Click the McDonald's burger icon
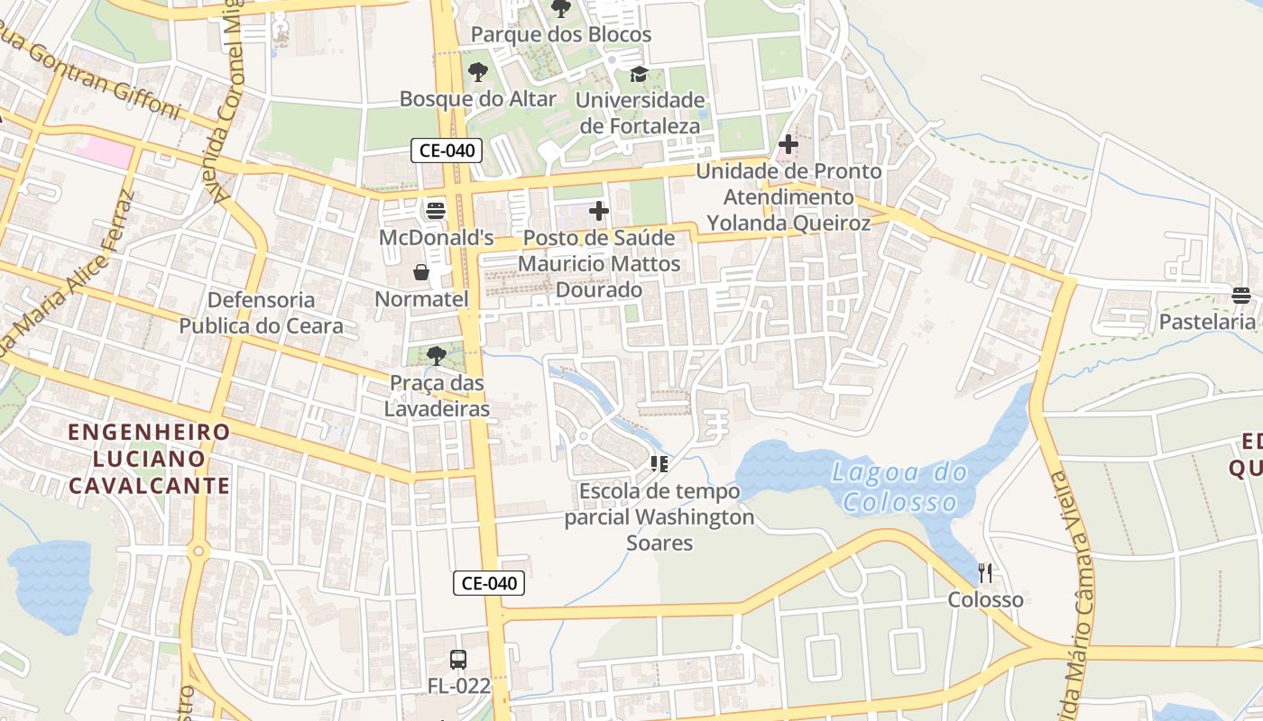pos(436,211)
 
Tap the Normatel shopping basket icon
pos(420,272)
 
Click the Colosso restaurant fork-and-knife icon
pos(985,572)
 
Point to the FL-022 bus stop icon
pos(458,659)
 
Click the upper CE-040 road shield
pos(447,151)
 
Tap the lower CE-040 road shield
pos(488,583)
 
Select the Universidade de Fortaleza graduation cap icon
pos(639,74)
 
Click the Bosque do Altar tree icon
pos(477,72)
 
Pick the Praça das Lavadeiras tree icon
pos(437,356)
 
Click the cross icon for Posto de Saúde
pos(598,211)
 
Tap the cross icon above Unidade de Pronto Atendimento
pos(788,143)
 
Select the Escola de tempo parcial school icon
pos(659,464)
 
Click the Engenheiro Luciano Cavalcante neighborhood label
pos(150,459)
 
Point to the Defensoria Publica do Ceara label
pos(261,313)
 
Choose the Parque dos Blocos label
pos(561,35)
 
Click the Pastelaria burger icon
pos(1241,295)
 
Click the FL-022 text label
pos(459,686)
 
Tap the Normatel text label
pos(421,299)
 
